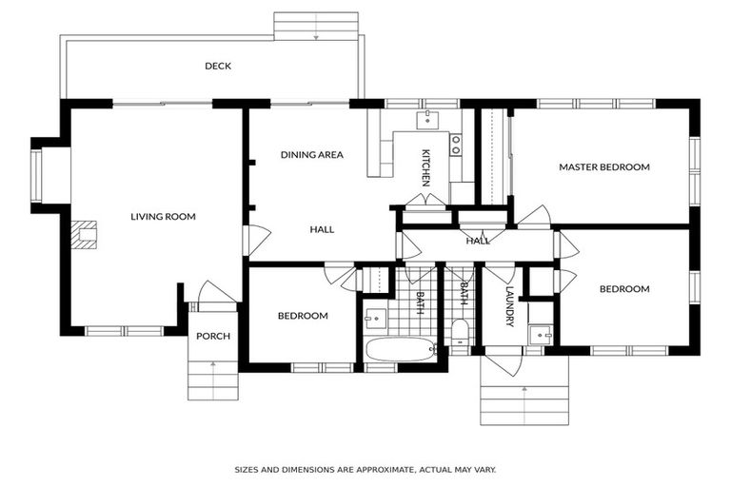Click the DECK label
point(218,66)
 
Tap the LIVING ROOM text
point(163,217)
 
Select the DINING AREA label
point(311,154)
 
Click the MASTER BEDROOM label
point(603,166)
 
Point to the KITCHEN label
point(426,166)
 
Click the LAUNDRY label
point(509,305)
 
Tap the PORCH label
point(212,337)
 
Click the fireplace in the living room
point(85,234)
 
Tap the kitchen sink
point(429,119)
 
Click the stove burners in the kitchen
point(456,144)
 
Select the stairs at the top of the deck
point(315,26)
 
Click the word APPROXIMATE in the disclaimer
point(375,470)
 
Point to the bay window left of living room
point(37,176)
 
